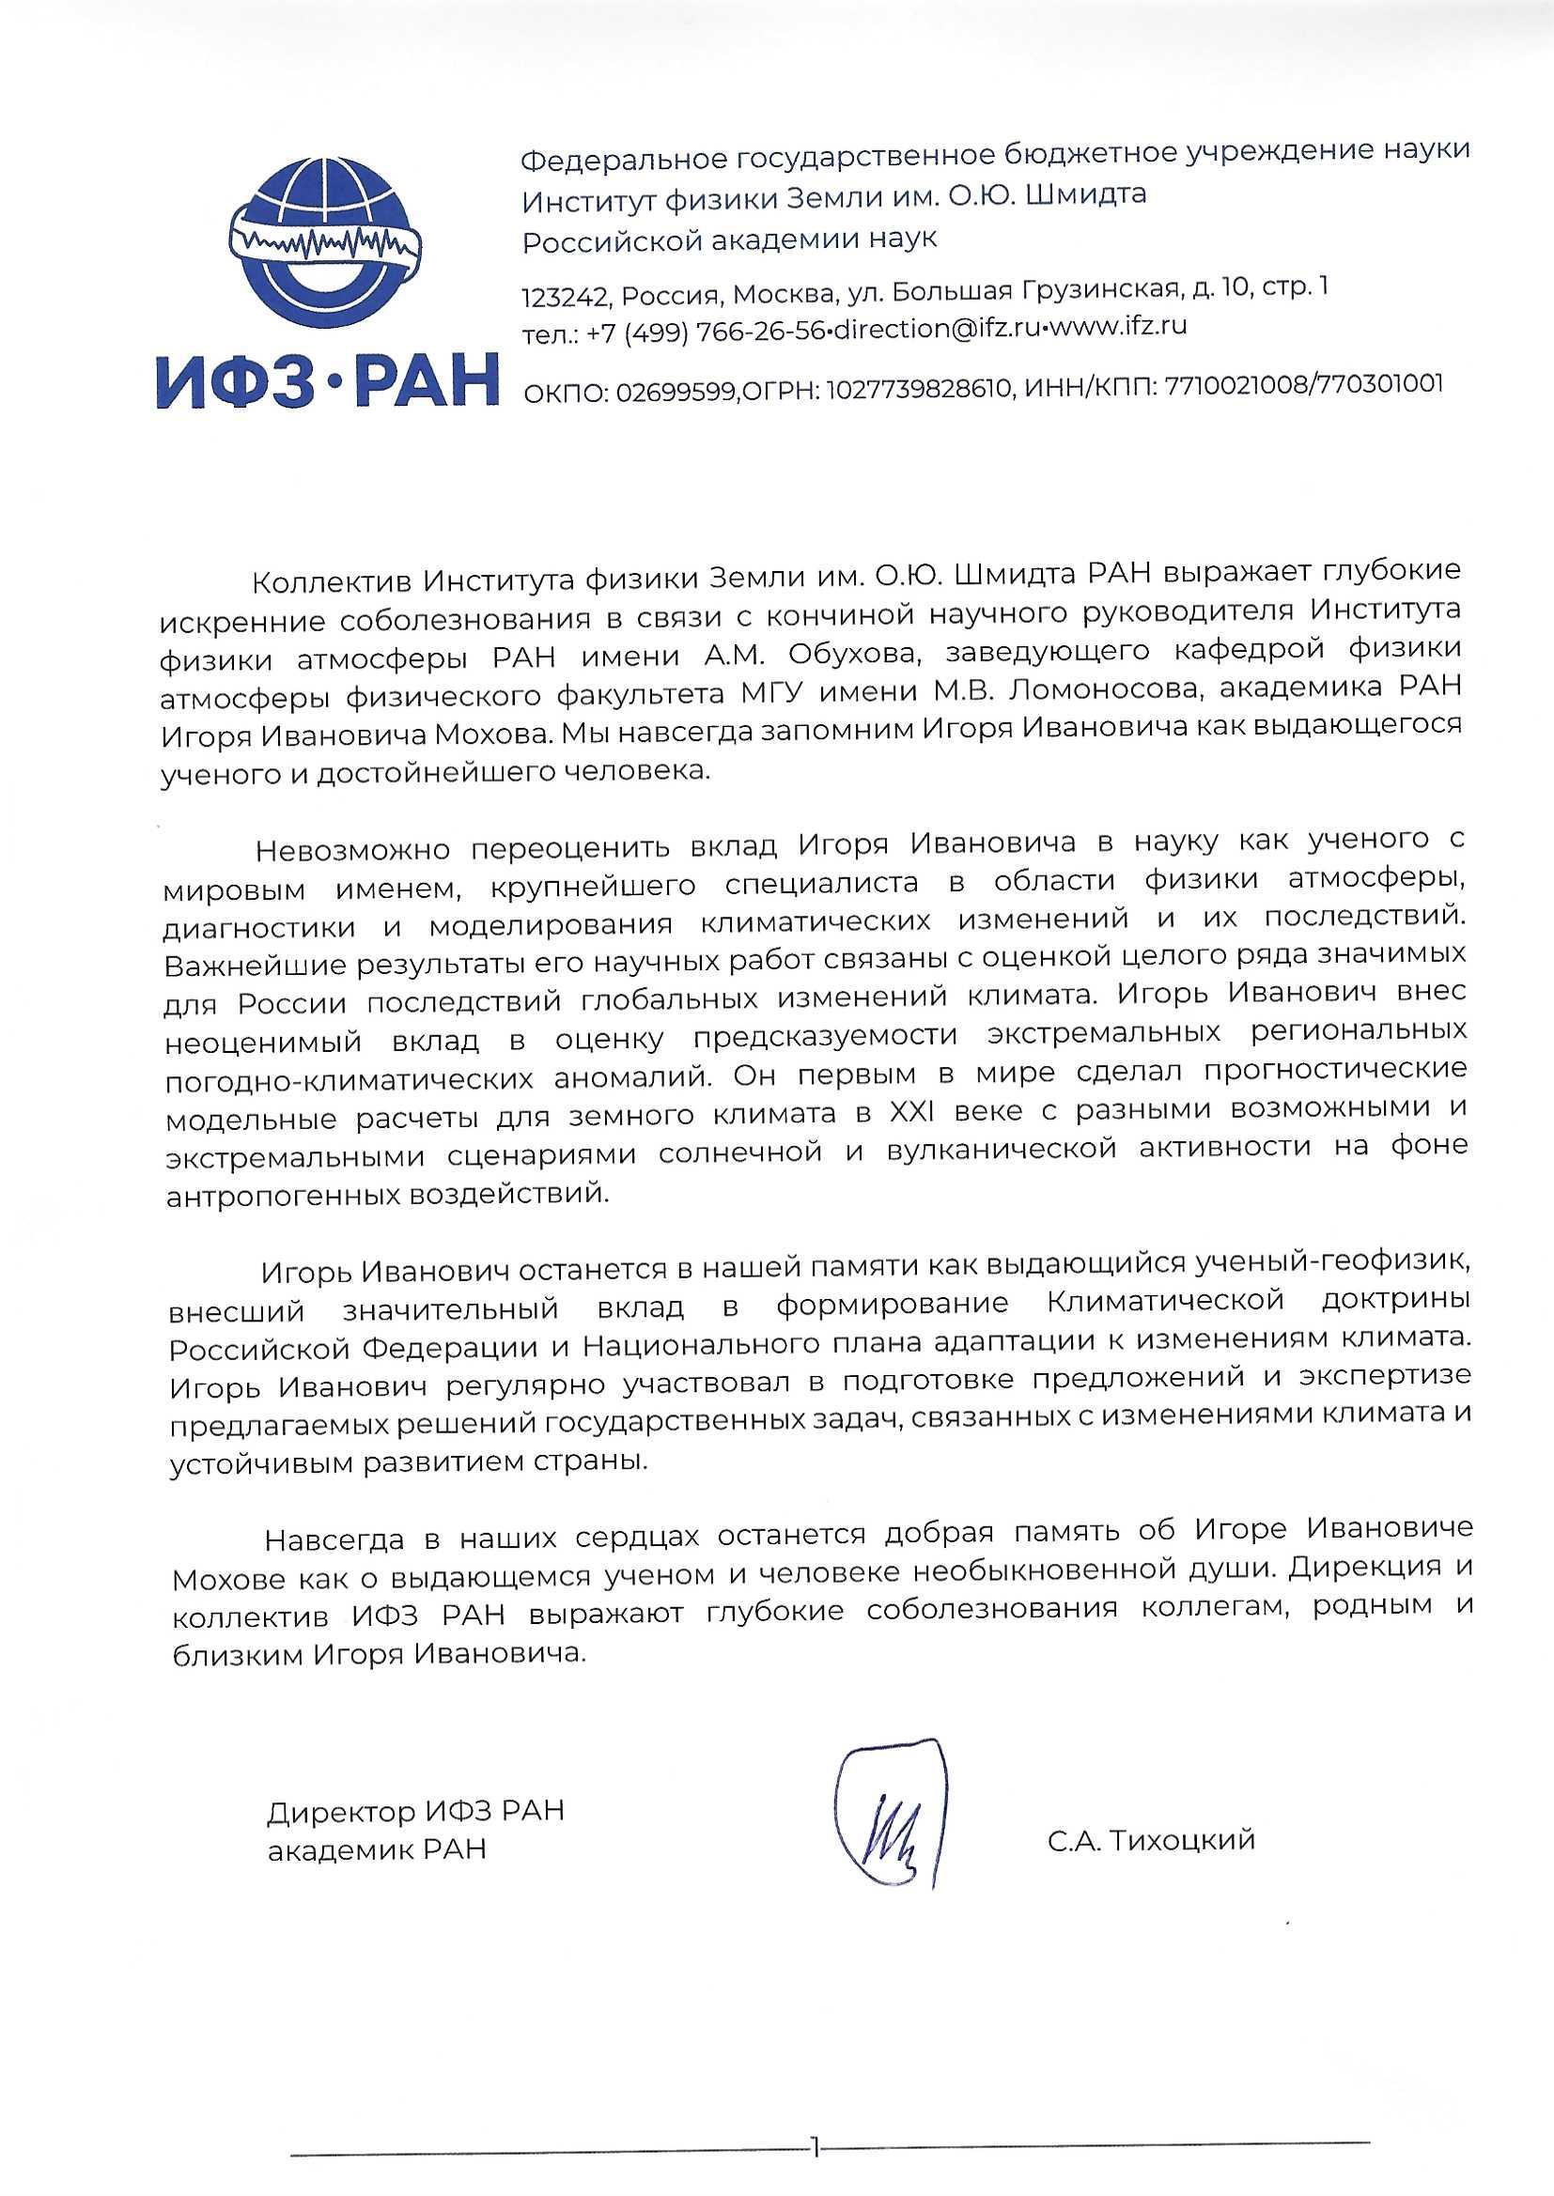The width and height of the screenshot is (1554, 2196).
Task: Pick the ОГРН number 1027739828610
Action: (x=919, y=386)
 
